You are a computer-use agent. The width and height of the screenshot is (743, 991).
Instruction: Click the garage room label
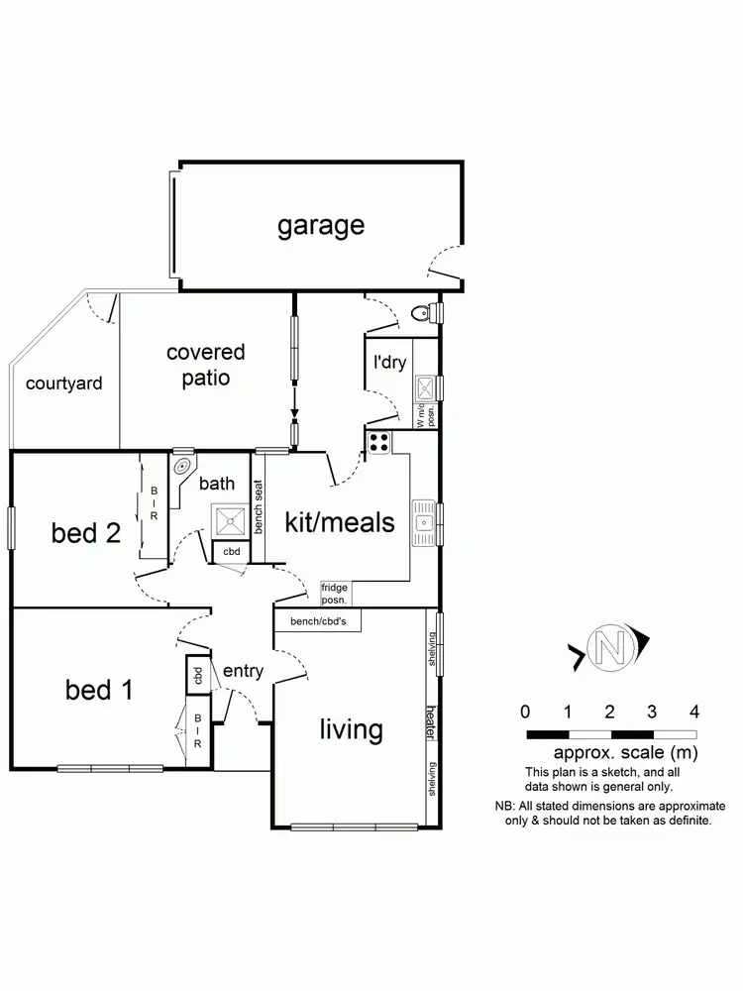320,226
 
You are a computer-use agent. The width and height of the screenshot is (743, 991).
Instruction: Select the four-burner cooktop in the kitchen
379,442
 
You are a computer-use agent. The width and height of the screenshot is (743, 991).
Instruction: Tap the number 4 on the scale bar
694,712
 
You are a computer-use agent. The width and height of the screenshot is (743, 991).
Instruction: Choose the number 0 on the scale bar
525,712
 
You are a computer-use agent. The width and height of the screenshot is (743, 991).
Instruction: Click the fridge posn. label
335,594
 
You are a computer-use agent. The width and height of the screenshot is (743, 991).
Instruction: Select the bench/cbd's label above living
317,621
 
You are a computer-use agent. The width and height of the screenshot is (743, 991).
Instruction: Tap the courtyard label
63,384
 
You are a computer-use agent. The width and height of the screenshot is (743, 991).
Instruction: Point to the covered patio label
206,365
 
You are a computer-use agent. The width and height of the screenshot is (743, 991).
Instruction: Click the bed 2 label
86,533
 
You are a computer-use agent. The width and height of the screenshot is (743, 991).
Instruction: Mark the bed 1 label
99,690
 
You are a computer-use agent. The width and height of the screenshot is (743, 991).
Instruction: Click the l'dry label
389,363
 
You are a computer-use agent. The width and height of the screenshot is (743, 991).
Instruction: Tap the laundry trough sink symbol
424,385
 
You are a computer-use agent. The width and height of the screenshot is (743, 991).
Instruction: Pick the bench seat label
259,507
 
